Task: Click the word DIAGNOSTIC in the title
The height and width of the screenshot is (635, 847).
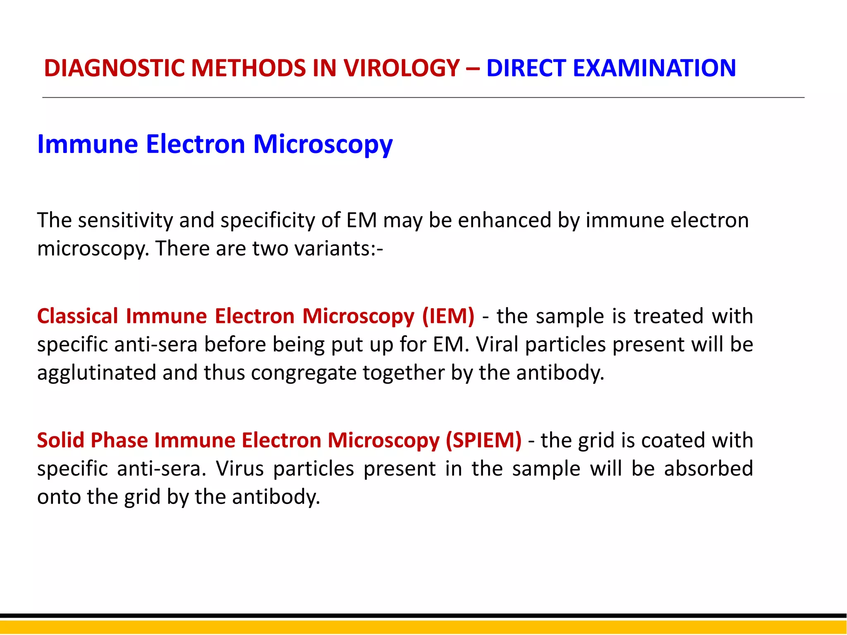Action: coord(113,68)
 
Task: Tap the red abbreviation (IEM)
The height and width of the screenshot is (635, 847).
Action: coord(448,316)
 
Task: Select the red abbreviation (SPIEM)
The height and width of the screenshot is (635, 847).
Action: coord(483,440)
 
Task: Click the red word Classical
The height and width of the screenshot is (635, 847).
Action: coord(78,316)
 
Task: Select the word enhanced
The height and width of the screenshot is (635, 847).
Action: coord(505,220)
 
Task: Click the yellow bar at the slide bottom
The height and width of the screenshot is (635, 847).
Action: coord(423,627)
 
